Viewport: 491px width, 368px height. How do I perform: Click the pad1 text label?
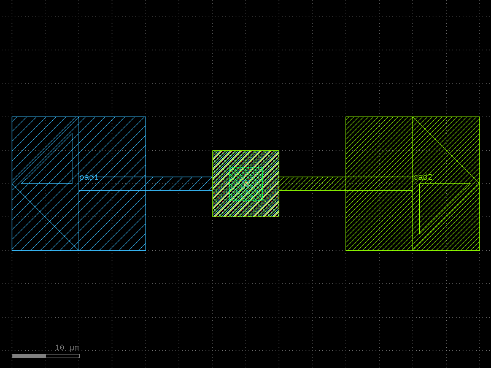(x=89, y=177)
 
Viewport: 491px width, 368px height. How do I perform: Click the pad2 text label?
(x=422, y=177)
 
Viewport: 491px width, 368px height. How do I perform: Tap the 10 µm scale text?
(x=68, y=348)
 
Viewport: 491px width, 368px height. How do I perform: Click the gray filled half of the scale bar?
(x=29, y=356)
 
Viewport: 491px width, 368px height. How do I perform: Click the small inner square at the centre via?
(x=246, y=183)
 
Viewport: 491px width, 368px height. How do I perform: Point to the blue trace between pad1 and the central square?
(x=145, y=183)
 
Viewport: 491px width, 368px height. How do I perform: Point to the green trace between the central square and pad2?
(x=346, y=183)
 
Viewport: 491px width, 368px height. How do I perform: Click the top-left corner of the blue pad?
(x=12, y=117)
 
